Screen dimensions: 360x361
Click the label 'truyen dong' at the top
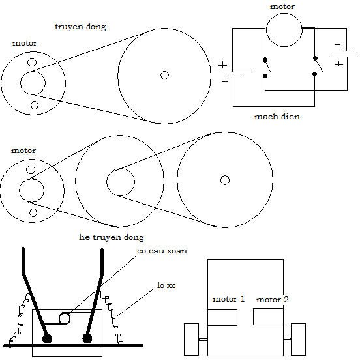pyautogui.click(x=80, y=27)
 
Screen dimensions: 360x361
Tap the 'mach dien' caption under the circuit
pyautogui.click(x=277, y=117)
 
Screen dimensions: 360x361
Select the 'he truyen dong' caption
pyautogui.click(x=111, y=237)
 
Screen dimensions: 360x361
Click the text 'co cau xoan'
pyautogui.click(x=162, y=251)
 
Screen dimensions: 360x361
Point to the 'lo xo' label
pyautogui.click(x=166, y=285)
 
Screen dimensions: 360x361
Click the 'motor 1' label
pyautogui.click(x=228, y=299)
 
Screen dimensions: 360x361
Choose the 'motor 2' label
pyautogui.click(x=273, y=300)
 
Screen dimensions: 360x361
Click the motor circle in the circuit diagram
pyautogui.click(x=284, y=13)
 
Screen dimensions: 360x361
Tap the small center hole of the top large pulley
pyautogui.click(x=164, y=76)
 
